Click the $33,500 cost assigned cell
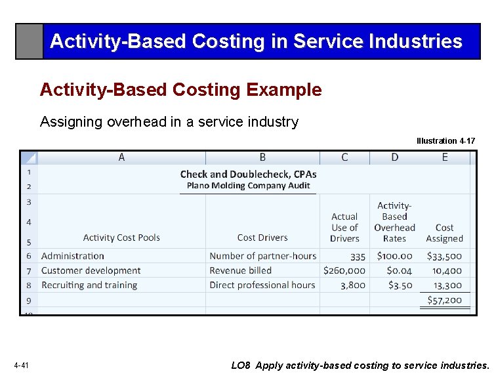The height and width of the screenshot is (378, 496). tap(444, 256)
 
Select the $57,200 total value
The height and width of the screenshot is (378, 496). tap(444, 300)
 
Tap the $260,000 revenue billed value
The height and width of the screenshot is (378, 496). tap(344, 270)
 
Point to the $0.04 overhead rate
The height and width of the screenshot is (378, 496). tap(399, 270)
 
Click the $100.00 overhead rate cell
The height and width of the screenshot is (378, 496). tap(395, 256)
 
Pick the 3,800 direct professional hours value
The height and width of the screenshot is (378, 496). tap(353, 285)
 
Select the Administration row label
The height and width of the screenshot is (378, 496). tap(73, 256)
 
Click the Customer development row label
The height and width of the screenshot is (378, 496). tap(91, 270)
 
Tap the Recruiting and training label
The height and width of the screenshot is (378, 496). tap(89, 285)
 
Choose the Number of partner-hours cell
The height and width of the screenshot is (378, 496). tap(262, 256)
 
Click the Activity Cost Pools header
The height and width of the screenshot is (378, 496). tap(121, 238)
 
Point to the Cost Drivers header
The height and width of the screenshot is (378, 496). tap(262, 238)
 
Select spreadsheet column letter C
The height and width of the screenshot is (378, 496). tap(344, 157)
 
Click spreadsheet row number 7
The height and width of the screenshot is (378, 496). tap(29, 270)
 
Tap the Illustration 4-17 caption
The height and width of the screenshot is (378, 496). tap(445, 141)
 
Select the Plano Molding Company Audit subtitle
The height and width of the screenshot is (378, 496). tap(248, 186)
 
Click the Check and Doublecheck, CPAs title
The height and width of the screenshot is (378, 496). tap(248, 174)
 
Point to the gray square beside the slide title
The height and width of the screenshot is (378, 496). tap(30, 41)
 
